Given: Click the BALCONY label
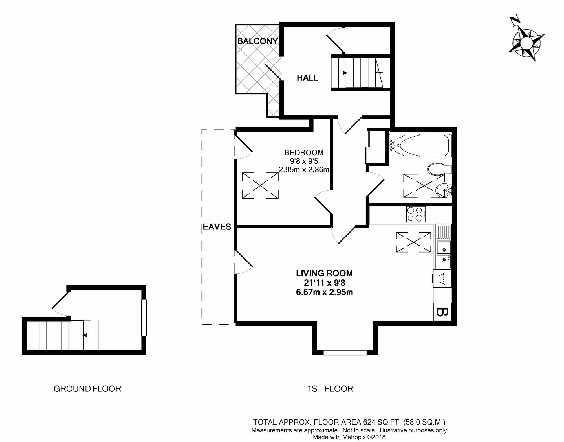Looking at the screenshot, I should pyautogui.click(x=257, y=41).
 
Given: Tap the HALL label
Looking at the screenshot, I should pyautogui.click(x=307, y=78).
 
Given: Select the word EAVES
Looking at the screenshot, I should pyautogui.click(x=217, y=227).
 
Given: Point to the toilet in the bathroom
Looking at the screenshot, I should pyautogui.click(x=438, y=169).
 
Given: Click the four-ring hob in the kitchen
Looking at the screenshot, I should pyautogui.click(x=416, y=214).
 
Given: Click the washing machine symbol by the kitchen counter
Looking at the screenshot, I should pyautogui.click(x=442, y=279).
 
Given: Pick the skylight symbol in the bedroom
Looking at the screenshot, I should pyautogui.click(x=260, y=185).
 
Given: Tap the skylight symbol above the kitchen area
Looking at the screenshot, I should pyautogui.click(x=413, y=242).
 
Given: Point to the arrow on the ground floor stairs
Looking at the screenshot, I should pyautogui.click(x=88, y=335).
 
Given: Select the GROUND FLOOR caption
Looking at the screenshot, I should pyautogui.click(x=87, y=389).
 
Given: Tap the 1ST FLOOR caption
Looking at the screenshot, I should pyautogui.click(x=330, y=389).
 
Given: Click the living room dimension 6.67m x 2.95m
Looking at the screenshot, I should pyautogui.click(x=324, y=292).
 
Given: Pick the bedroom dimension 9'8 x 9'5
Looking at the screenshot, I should pyautogui.click(x=304, y=161).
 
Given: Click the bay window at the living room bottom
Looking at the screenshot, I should pyautogui.click(x=345, y=352).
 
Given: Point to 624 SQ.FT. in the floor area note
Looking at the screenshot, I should pyautogui.click(x=382, y=422).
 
